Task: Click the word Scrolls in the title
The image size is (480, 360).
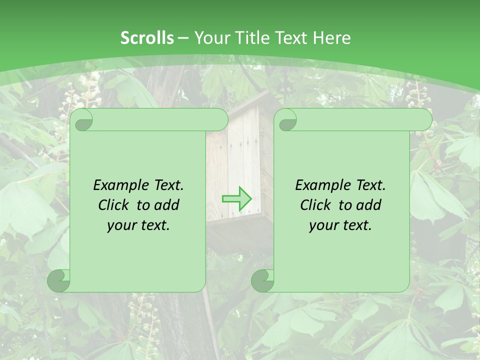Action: tap(147, 38)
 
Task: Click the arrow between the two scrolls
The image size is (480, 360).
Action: tap(236, 199)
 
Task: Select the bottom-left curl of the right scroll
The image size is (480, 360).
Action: tap(263, 280)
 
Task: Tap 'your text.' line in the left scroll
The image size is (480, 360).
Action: tap(138, 225)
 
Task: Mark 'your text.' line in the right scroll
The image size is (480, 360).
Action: tap(340, 225)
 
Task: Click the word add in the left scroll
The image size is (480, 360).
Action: tap(167, 205)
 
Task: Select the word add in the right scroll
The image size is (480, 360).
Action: tap(369, 205)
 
